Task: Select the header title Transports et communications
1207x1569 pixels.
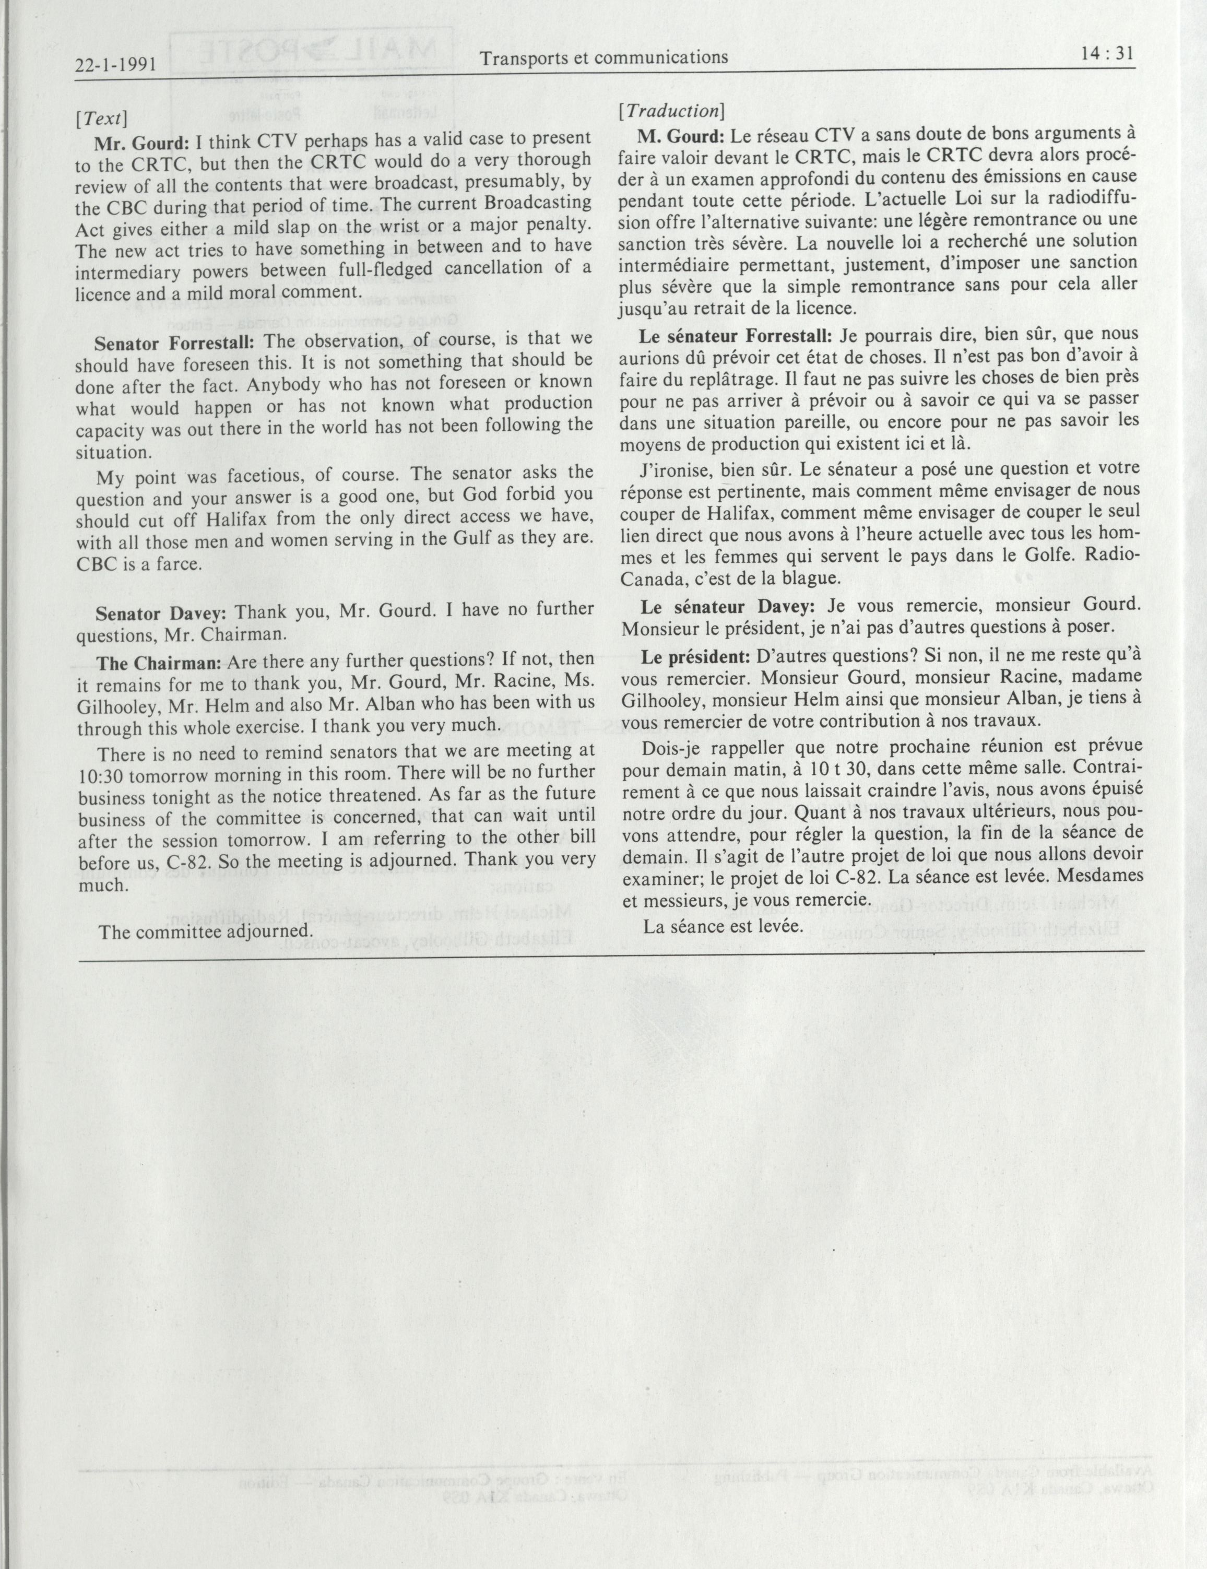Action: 603,57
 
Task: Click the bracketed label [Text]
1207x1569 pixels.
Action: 101,118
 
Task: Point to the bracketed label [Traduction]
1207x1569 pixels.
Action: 671,111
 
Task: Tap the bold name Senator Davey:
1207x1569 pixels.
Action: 161,613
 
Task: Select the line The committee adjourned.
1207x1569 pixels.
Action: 206,931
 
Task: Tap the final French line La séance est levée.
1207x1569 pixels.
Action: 722,927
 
